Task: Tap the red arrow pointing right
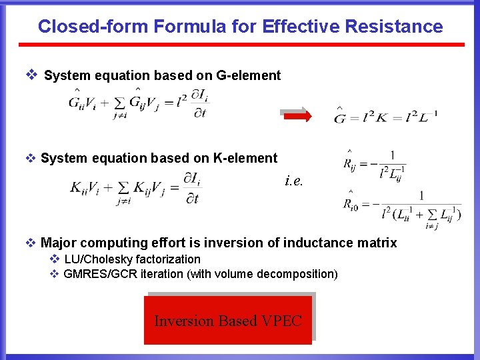pos(297,115)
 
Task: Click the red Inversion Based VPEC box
pos(228,321)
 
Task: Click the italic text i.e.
pos(293,180)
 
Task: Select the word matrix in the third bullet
pos(378,243)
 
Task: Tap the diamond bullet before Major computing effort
pos(31,243)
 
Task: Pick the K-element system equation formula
pos(135,187)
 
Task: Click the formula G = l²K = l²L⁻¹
pos(385,117)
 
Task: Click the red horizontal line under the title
pos(241,45)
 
